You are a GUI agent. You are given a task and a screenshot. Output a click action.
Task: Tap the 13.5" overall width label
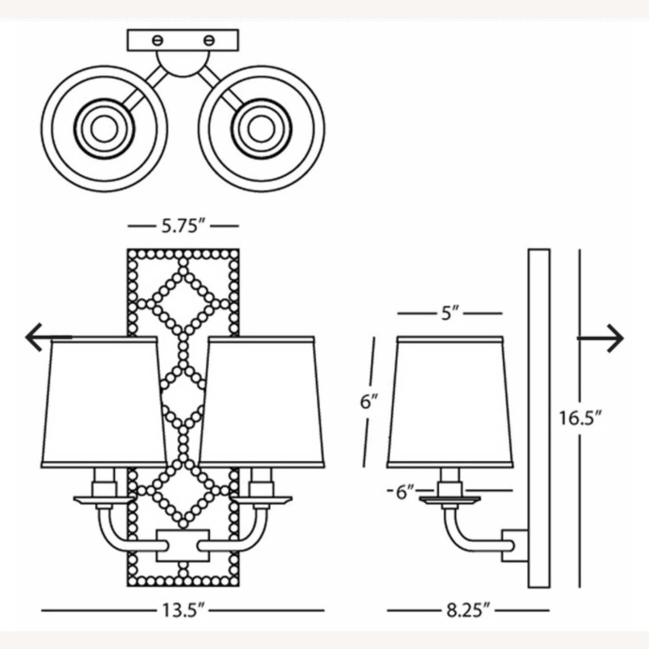pos(183,611)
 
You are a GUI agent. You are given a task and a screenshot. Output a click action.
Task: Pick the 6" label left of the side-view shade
pos(369,402)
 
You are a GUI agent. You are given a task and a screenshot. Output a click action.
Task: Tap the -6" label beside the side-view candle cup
pos(401,492)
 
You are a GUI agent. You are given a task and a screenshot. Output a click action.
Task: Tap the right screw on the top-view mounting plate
pos(209,41)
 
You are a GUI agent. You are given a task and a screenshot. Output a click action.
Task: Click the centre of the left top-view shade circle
pos(104,129)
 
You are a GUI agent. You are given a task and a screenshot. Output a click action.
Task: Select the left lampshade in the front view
pos(104,402)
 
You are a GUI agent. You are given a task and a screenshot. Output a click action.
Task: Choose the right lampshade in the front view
pos(262,402)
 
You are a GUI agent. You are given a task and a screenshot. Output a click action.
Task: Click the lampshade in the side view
pos(450,402)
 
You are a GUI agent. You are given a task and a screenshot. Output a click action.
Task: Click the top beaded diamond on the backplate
pos(183,302)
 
